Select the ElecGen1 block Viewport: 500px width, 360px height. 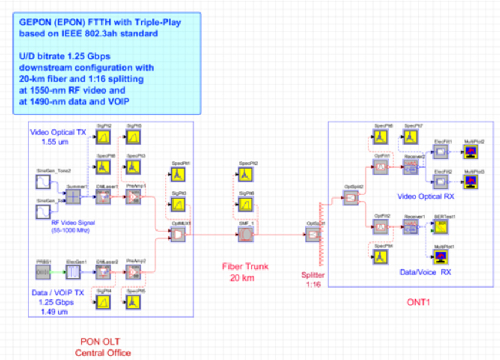point(74,274)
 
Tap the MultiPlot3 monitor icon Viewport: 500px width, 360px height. point(471,180)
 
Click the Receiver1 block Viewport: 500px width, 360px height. point(411,226)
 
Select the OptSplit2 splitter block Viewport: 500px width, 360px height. point(351,199)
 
